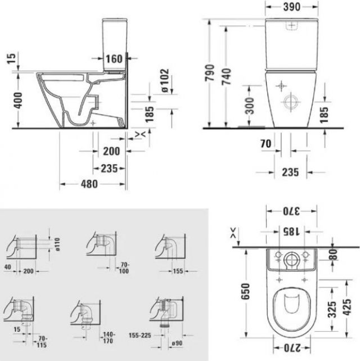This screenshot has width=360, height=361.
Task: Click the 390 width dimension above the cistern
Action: click(291, 7)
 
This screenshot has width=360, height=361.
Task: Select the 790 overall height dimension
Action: click(210, 73)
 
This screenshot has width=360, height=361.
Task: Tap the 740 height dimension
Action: click(227, 76)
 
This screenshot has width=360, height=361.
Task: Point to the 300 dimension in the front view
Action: click(249, 106)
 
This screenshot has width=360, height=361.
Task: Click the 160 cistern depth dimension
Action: click(114, 58)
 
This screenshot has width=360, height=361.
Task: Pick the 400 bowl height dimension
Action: click(18, 101)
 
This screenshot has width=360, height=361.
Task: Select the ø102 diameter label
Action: click(165, 80)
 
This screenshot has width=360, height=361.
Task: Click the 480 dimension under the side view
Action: click(89, 184)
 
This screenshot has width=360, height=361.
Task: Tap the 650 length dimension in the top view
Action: click(245, 291)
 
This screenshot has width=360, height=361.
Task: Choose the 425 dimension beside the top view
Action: click(347, 307)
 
